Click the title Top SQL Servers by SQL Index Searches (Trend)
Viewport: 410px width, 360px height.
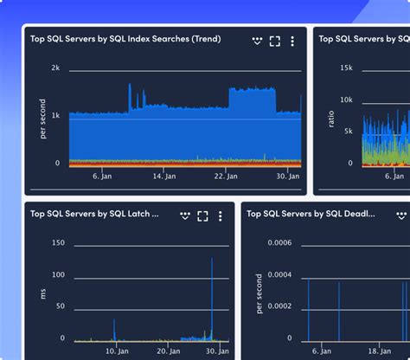tap(125, 39)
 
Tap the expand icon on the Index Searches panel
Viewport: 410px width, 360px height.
tap(275, 41)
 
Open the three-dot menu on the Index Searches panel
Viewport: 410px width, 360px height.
tap(292, 41)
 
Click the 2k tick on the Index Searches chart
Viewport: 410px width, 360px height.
tap(55, 67)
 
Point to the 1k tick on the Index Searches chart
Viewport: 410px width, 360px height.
tap(55, 115)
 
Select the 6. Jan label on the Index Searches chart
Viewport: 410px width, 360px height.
tap(102, 176)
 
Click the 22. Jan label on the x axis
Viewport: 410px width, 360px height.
tap(227, 176)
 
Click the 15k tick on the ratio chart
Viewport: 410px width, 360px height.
tap(345, 67)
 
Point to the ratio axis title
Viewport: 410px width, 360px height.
tap(331, 118)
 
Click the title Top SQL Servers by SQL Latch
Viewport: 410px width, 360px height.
tap(94, 214)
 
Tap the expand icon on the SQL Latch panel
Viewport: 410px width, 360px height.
tap(202, 215)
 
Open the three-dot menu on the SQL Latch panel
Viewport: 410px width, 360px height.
tap(220, 215)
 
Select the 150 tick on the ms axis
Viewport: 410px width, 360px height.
tap(58, 243)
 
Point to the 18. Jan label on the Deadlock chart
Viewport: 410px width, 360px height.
tap(379, 351)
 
